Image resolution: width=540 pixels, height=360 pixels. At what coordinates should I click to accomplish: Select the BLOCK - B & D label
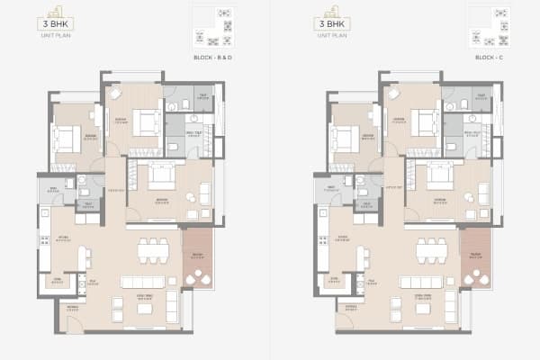213,58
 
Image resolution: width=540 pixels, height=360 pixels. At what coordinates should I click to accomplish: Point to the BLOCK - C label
490,58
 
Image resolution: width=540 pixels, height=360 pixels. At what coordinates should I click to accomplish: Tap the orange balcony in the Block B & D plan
196,256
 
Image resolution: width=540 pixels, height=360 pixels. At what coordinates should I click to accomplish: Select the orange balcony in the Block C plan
474,256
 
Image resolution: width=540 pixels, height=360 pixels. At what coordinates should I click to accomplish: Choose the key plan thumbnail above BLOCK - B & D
212,28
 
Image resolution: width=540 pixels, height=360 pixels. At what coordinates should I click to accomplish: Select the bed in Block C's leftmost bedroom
343,137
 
